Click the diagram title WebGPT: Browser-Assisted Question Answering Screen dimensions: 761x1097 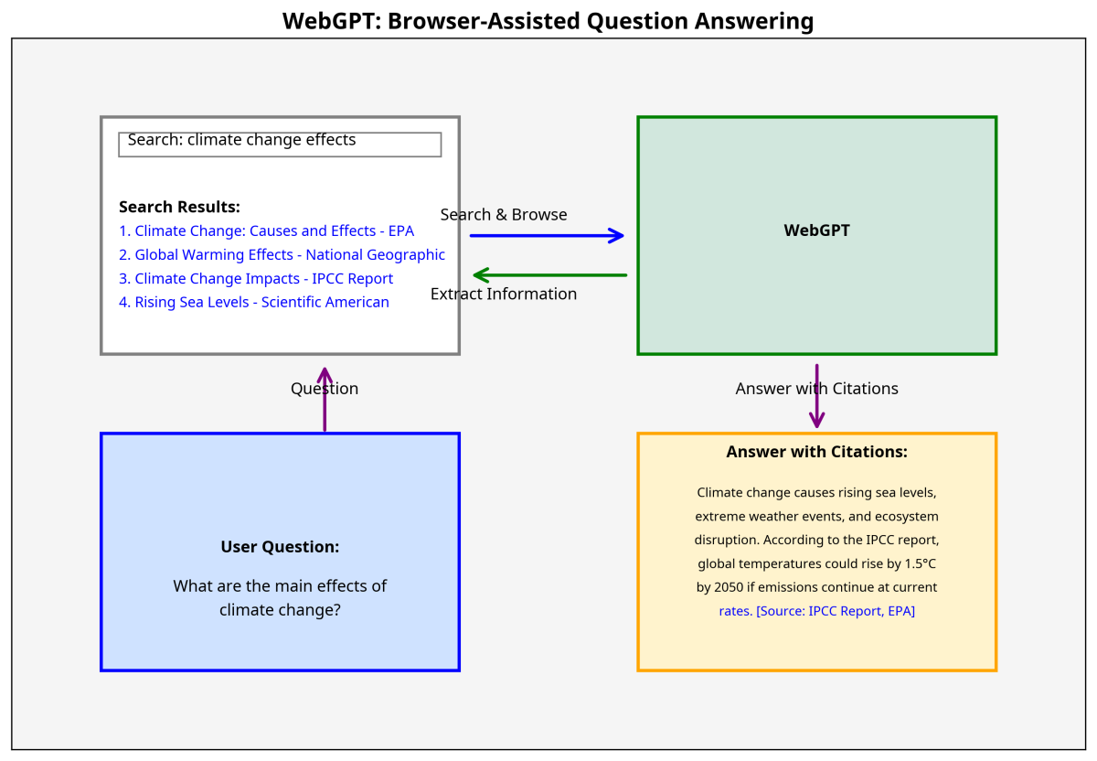(x=548, y=20)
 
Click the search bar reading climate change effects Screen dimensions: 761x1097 (x=280, y=144)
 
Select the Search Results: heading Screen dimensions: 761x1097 (x=179, y=208)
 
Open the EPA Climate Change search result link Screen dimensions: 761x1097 (x=266, y=231)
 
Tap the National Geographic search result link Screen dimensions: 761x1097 (x=282, y=255)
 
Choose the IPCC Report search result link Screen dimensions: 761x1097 (x=256, y=279)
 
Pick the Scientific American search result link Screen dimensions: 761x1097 (x=254, y=303)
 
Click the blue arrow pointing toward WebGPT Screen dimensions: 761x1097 (x=547, y=236)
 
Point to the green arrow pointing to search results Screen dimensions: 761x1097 (x=549, y=275)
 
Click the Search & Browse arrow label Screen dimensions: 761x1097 (x=504, y=215)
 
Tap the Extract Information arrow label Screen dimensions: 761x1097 (x=504, y=295)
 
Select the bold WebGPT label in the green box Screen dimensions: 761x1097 (x=816, y=231)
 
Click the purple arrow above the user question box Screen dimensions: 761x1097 (x=325, y=400)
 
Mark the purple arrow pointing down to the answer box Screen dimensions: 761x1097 (x=817, y=396)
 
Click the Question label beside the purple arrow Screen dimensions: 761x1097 (x=325, y=389)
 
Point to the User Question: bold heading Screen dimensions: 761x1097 (x=280, y=547)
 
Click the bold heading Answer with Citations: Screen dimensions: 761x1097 (x=816, y=452)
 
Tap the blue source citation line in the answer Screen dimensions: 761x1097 (x=817, y=611)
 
